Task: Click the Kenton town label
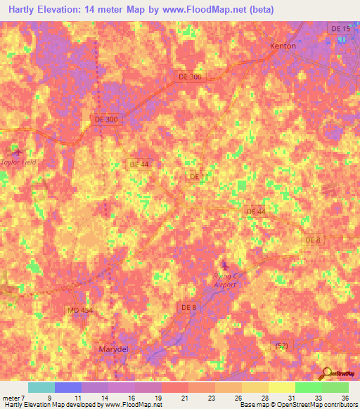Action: tap(283, 46)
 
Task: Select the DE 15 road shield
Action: tap(340, 28)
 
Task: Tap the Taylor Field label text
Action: tap(18, 162)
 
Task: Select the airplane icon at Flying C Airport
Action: tap(225, 265)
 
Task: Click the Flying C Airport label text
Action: tap(224, 280)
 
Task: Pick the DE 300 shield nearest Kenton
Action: tap(189, 77)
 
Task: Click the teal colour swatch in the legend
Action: tap(41, 387)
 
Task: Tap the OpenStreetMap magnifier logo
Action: tap(326, 373)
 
